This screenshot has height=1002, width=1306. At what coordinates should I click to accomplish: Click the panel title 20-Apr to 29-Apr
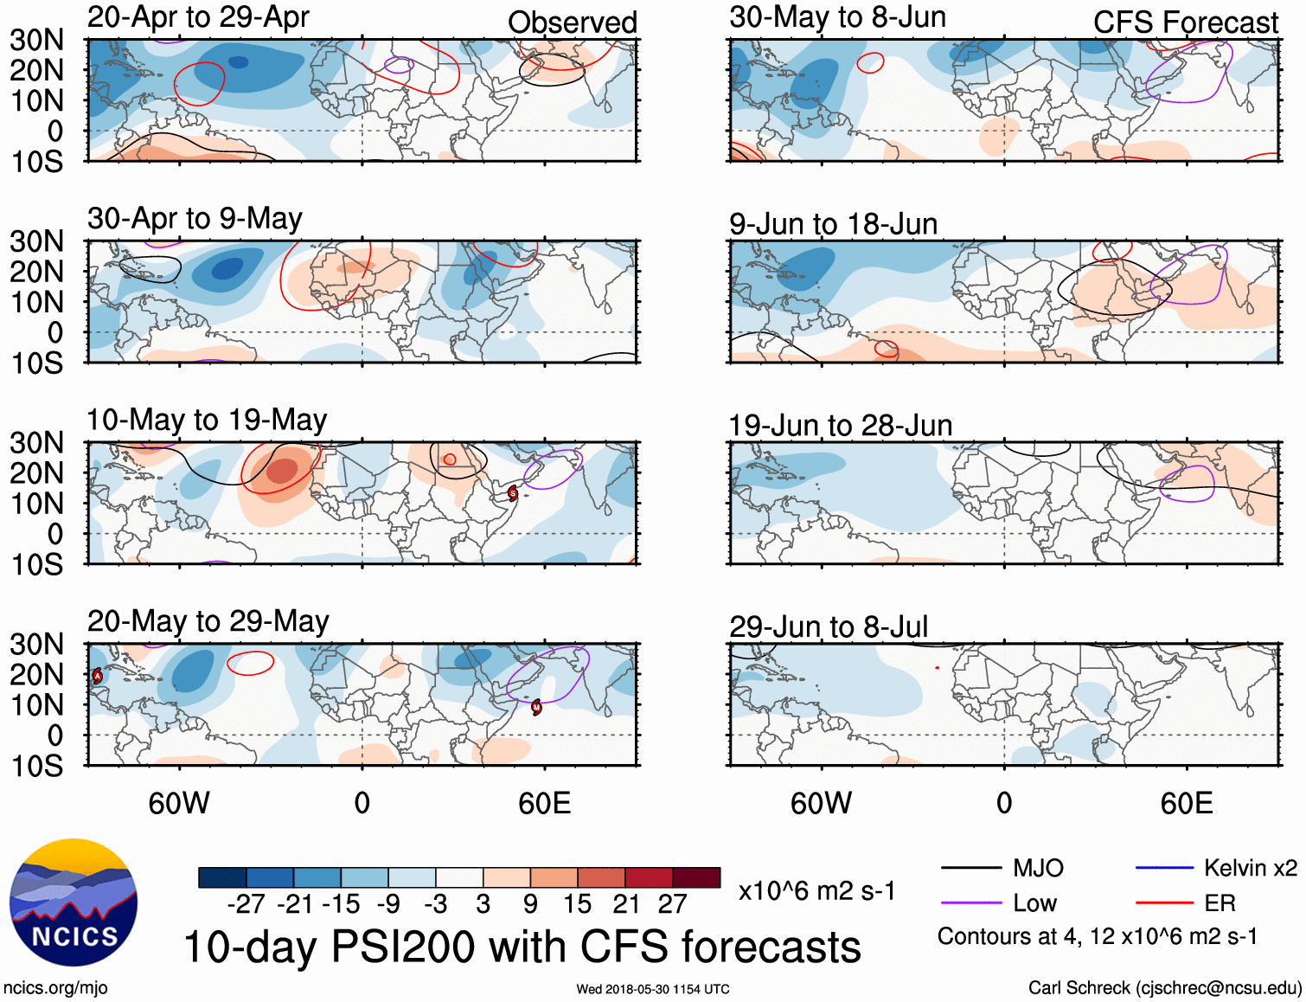click(x=198, y=17)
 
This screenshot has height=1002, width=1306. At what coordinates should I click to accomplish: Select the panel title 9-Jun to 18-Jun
click(x=833, y=224)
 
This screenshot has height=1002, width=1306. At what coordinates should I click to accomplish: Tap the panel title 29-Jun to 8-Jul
click(x=829, y=626)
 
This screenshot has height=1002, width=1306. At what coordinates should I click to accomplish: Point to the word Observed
click(x=573, y=22)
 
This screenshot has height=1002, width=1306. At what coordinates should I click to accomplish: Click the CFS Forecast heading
click(x=1185, y=22)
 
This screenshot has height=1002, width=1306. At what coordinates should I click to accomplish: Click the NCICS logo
click(x=74, y=902)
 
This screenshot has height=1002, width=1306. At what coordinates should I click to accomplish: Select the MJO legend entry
click(x=1038, y=868)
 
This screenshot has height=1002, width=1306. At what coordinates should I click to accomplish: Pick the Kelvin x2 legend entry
click(x=1250, y=868)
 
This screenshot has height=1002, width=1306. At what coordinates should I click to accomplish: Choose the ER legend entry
click(x=1220, y=903)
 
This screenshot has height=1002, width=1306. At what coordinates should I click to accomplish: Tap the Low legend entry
click(x=1034, y=903)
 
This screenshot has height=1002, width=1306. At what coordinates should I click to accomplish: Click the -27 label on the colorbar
click(x=246, y=904)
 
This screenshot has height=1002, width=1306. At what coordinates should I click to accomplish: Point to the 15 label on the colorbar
click(x=577, y=904)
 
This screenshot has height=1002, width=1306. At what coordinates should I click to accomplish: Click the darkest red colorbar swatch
click(x=696, y=877)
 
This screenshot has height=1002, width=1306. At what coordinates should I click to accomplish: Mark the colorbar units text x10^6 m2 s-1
click(x=816, y=891)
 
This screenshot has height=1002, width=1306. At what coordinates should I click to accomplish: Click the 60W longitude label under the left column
click(x=179, y=803)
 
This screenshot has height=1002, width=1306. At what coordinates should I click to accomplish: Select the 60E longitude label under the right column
click(x=1186, y=803)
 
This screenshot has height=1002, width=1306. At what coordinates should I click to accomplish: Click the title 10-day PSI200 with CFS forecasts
click(x=522, y=947)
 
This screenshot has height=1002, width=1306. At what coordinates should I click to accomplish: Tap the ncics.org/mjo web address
click(x=55, y=988)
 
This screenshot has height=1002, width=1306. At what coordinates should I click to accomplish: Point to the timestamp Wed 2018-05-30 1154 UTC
click(x=653, y=989)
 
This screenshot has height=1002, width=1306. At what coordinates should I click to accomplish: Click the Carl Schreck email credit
click(x=1164, y=988)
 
